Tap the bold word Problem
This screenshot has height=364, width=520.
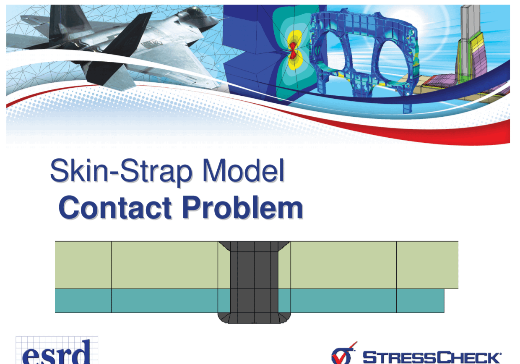[243, 207]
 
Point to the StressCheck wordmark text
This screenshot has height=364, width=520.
[432, 357]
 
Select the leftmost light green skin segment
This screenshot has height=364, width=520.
[83, 265]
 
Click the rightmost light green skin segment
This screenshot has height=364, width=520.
[427, 265]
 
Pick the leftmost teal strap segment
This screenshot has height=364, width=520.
[83, 301]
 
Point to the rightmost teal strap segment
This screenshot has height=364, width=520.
[420, 301]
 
